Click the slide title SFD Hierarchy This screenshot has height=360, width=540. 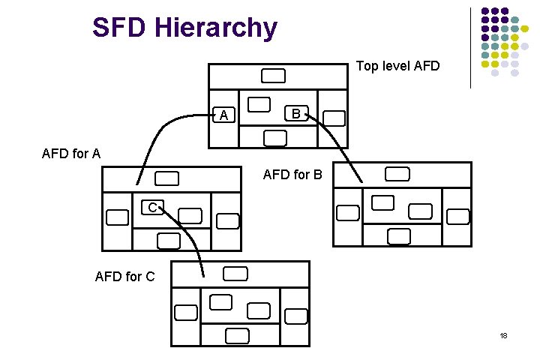click(x=184, y=28)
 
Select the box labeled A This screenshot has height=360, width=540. click(x=223, y=115)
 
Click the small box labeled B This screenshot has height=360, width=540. click(x=295, y=114)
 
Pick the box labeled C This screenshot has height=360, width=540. click(x=152, y=206)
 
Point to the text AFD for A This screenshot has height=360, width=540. click(x=71, y=154)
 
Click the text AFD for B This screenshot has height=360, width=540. click(x=292, y=175)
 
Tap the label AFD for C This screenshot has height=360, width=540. click(x=125, y=277)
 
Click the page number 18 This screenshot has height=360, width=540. click(x=503, y=335)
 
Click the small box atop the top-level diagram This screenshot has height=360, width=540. click(x=273, y=76)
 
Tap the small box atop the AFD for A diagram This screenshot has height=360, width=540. click(x=168, y=178)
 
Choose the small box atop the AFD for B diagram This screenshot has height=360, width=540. click(x=397, y=175)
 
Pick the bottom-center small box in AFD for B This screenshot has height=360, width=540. click(x=398, y=235)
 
